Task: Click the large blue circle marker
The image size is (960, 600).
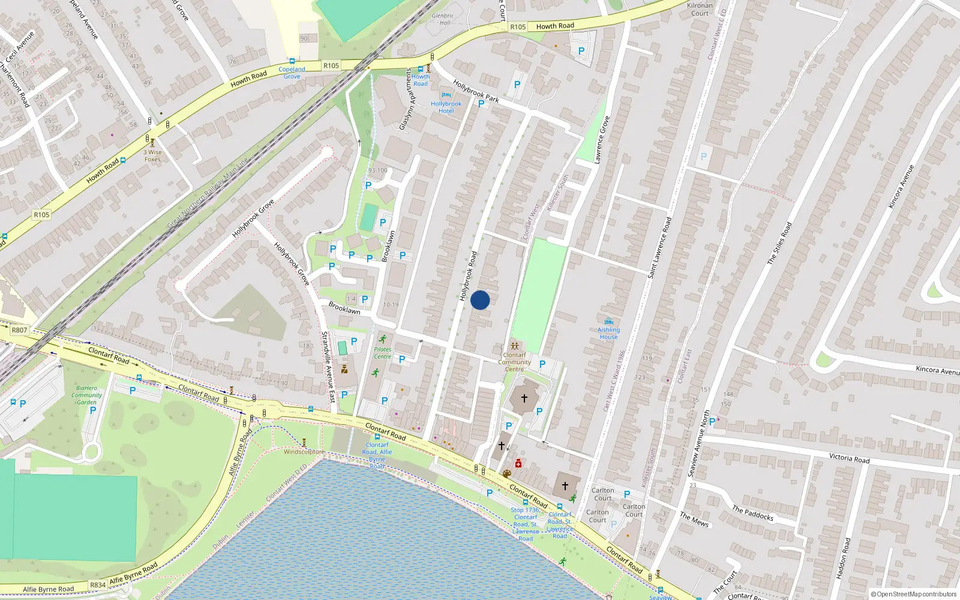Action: pos(480,300)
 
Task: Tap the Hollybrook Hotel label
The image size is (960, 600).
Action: pos(446,107)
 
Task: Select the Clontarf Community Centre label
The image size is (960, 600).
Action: pos(514,362)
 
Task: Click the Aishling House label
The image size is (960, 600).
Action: pos(608,334)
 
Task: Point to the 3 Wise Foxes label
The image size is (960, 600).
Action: pos(152,155)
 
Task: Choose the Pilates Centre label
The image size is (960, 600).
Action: pos(382,353)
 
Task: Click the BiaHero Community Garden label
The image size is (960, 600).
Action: pos(87,395)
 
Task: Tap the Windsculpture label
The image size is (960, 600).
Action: pos(304,452)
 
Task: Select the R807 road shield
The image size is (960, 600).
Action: pos(19,330)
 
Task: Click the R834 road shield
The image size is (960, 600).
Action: pos(98,585)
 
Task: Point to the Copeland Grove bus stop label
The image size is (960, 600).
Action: pos(292,73)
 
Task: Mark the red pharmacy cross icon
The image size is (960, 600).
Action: pos(518,463)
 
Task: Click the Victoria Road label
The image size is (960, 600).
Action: pos(849,458)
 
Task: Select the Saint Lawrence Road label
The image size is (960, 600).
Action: pos(660,247)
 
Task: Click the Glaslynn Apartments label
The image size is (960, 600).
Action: pos(407,99)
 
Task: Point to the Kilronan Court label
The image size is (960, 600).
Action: pos(700,9)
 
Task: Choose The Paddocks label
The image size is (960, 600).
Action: pos(752,513)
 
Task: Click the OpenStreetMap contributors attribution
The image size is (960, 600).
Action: pos(914,594)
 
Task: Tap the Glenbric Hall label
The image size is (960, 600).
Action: pos(442,19)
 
